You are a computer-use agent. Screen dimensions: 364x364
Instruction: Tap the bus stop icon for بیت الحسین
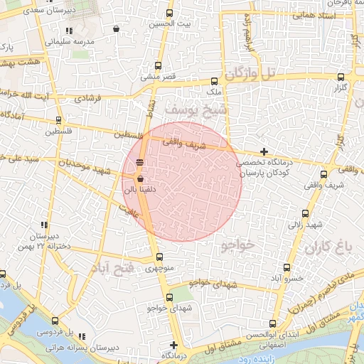pyautogui.click(x=169, y=14)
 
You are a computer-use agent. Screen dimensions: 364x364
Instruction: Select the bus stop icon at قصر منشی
pyautogui.click(x=170, y=65)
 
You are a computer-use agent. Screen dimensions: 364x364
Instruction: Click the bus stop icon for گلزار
pyautogui.click(x=341, y=77)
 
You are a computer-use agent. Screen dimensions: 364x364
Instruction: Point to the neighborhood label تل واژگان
pyautogui.click(x=248, y=73)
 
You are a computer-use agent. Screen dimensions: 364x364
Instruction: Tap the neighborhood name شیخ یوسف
pyautogui.click(x=197, y=109)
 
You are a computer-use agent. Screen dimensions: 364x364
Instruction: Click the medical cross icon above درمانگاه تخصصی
pyautogui.click(x=264, y=151)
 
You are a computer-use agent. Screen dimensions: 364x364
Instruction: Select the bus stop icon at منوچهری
pyautogui.click(x=159, y=258)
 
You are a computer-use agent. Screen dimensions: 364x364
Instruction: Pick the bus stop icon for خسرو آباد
pyautogui.click(x=287, y=268)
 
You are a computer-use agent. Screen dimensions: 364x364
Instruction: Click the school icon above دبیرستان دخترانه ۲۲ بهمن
pyautogui.click(x=44, y=225)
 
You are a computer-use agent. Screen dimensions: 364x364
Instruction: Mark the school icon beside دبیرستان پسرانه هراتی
pyautogui.click(x=82, y=337)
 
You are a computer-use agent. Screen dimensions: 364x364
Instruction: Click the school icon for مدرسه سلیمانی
pyautogui.click(x=68, y=31)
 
